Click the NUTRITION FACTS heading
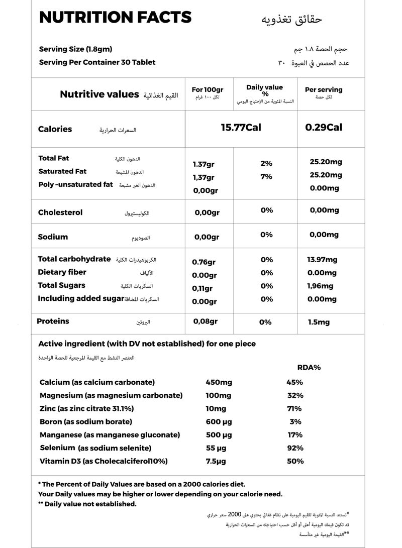coord(115,18)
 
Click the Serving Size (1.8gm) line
coord(75,49)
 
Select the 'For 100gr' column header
coord(208,89)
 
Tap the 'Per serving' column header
coord(324,90)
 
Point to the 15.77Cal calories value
coord(241,128)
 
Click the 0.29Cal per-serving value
coord(324,128)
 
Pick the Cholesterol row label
coord(60,212)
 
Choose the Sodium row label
coord(53,237)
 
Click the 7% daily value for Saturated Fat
coord(266,176)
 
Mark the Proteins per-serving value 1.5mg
coord(319,322)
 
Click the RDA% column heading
coord(309,368)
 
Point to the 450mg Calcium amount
coord(218,382)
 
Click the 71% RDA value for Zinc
coord(294,408)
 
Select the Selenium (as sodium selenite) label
coord(95,448)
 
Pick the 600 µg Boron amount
coord(219,421)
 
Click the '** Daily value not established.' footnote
coord(87,504)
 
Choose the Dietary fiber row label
coord(62,272)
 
